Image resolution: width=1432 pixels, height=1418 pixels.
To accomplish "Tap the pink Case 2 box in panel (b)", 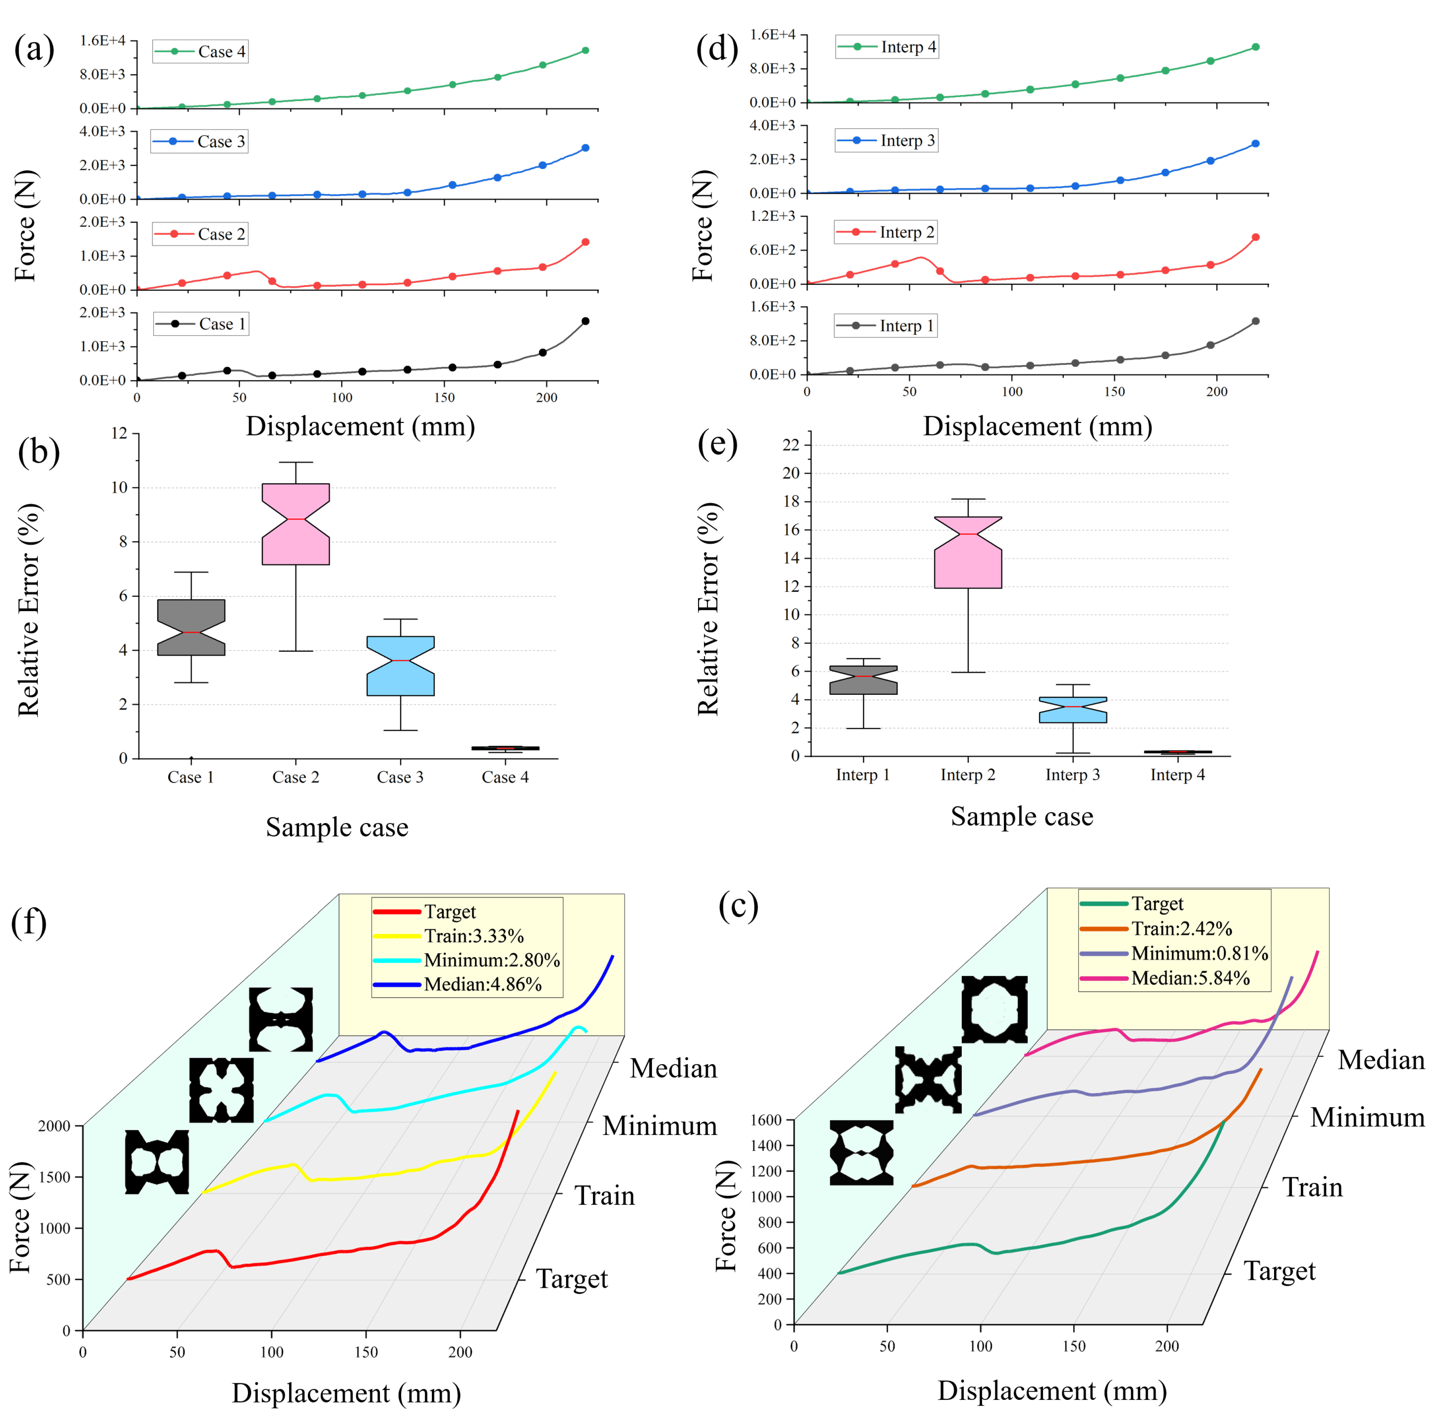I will pyautogui.click(x=296, y=524).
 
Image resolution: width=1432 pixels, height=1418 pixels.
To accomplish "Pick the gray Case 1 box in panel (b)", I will pyautogui.click(x=191, y=627).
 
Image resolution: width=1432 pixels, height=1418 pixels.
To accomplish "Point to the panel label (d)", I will pyautogui.click(x=716, y=50).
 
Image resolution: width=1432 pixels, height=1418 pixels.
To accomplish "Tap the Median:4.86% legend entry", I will pyautogui.click(x=458, y=984).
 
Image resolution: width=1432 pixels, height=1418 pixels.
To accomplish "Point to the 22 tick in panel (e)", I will pyautogui.click(x=791, y=445).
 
